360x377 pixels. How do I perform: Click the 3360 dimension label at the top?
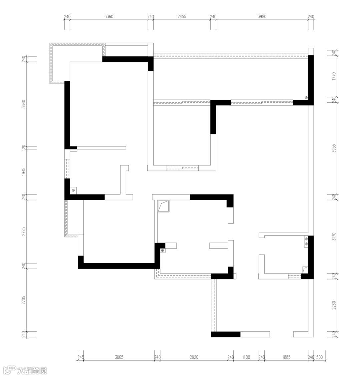coord(109,16)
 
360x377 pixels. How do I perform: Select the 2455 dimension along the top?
coord(182,16)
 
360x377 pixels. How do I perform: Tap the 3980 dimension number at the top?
coord(262,16)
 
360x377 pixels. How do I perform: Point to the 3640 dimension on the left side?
coord(24,104)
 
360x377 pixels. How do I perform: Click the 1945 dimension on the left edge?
coord(24,172)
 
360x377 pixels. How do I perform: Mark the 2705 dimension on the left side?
coord(24,300)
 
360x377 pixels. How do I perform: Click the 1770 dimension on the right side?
coord(334,76)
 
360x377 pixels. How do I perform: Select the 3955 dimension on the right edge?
coord(334,148)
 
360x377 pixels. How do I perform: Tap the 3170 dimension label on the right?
coord(334,236)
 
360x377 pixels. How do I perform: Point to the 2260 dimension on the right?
coord(334,305)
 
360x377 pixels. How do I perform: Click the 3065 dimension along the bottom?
coord(119,357)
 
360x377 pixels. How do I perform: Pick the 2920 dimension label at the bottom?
coord(194,357)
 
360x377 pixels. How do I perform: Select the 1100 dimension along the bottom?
coord(246,357)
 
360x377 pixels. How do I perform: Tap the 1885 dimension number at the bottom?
coord(286,357)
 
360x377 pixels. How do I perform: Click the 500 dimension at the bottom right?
coord(319,357)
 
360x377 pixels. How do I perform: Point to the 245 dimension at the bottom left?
coord(81,357)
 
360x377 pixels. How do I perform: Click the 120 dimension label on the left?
coord(24,147)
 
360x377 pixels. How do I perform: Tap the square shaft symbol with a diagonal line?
coord(163,206)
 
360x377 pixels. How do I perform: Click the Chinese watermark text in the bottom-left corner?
coord(32,371)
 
